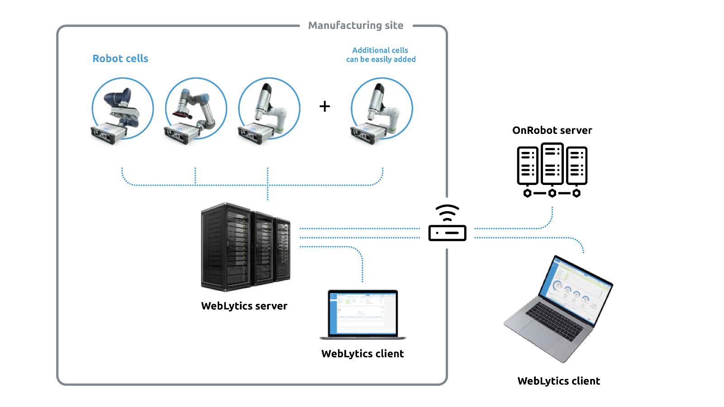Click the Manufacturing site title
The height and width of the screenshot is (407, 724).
coord(356,26)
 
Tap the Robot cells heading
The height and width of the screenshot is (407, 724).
coord(120,59)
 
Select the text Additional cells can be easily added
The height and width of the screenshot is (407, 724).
coord(381,55)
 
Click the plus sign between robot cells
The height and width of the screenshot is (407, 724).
coord(324,106)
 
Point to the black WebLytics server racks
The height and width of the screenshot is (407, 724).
coord(245,246)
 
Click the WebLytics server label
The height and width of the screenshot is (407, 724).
coord(244,306)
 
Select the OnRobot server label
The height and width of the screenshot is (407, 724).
coord(552,131)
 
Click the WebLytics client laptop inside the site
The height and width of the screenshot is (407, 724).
coord(362,315)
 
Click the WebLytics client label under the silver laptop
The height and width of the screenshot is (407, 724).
coord(559,381)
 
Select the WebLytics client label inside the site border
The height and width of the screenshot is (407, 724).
coord(362,354)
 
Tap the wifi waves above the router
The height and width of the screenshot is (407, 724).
coord(447,213)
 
